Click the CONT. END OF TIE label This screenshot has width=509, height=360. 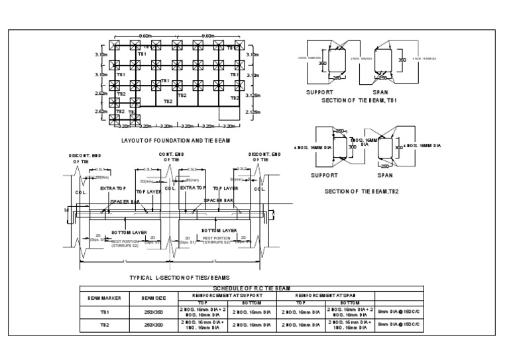171,156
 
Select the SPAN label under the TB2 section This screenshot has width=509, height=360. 385,176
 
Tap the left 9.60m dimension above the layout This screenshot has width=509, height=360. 147,36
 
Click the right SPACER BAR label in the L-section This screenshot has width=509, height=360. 218,200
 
